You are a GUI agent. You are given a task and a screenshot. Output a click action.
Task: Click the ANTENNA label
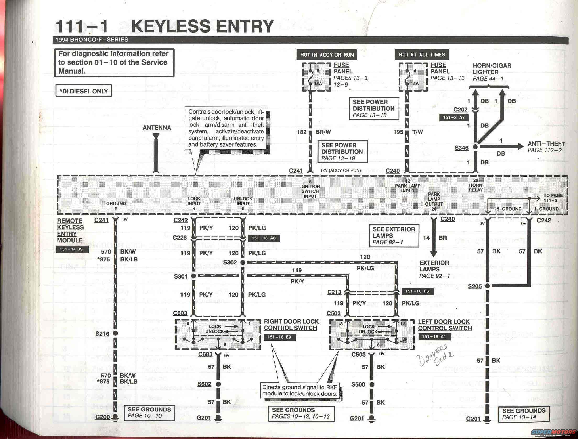pos(157,128)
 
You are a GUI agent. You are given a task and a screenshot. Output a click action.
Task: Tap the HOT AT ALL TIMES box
pos(422,55)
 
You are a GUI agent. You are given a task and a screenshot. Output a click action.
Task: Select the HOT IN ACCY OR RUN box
pos(327,55)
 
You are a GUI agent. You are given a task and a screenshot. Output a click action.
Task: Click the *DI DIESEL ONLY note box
pos(83,91)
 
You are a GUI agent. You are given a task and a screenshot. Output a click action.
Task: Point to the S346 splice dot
pos(475,147)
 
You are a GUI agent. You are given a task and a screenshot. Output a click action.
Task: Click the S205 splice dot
pos(487,286)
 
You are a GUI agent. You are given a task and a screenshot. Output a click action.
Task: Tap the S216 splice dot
pos(115,334)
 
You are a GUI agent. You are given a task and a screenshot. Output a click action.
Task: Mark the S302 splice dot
pos(243,263)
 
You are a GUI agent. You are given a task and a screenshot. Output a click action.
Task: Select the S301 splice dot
pos(194,276)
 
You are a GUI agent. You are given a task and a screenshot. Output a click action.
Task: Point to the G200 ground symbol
pos(115,417)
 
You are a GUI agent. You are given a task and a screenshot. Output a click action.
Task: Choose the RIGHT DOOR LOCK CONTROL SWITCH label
pos(291,325)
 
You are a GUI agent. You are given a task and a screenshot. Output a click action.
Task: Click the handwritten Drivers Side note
pos(436,357)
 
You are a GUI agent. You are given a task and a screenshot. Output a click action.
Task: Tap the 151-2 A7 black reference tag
pos(454,117)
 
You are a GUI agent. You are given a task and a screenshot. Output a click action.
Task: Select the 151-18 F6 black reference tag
pos(417,291)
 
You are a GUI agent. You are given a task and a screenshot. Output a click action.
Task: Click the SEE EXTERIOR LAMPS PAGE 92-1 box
pos(394,235)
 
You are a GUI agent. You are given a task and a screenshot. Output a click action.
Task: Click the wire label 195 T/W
pos(408,132)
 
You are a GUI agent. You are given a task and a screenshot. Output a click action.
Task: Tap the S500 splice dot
pos(371,385)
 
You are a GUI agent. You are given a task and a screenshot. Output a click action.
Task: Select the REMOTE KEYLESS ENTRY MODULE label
pos(70,231)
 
